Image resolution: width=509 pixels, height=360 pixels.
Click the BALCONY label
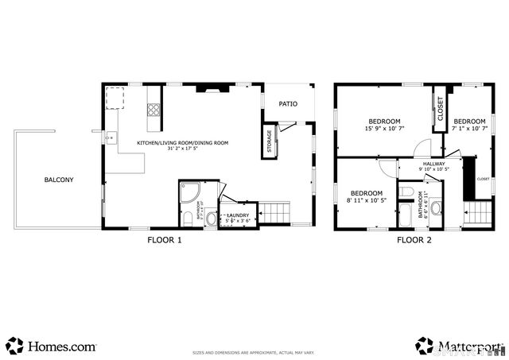(59, 180)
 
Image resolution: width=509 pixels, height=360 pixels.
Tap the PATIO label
(287, 104)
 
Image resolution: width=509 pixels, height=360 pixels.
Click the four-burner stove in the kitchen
(153, 111)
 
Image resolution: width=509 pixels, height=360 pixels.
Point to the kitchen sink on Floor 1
(111, 137)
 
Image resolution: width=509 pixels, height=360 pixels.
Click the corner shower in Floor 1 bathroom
(188, 193)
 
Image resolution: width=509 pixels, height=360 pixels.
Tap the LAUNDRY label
(239, 215)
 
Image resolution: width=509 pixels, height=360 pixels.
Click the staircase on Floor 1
(274, 213)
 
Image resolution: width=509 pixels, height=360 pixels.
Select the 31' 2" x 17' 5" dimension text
(182, 149)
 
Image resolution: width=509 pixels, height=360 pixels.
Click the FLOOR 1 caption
(165, 239)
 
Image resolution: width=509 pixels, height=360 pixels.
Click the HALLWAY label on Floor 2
(433, 165)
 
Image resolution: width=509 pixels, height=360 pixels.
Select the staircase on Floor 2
(477, 213)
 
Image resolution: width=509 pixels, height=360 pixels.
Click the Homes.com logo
(51, 346)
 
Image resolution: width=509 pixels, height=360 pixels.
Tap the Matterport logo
(458, 346)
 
